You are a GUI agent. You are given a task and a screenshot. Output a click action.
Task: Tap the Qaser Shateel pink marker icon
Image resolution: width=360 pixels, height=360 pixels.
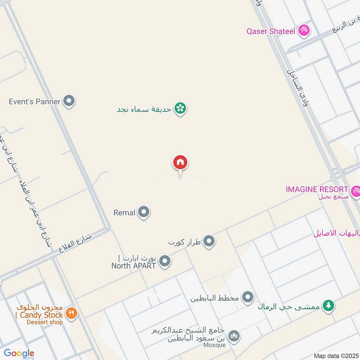(x=304, y=31)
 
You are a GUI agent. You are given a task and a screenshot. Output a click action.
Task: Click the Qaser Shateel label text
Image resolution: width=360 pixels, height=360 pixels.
(x=271, y=31)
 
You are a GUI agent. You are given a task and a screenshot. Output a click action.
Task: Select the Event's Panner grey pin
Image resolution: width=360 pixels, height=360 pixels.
(x=69, y=101)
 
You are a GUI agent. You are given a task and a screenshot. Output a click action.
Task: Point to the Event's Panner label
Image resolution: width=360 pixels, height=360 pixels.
(x=34, y=102)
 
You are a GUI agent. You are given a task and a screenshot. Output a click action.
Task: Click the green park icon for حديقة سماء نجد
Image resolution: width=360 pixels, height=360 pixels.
(x=180, y=108)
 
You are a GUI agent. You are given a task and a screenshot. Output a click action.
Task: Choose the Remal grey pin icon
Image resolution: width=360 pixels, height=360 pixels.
(x=144, y=212)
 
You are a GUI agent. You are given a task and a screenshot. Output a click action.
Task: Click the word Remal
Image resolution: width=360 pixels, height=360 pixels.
(x=125, y=212)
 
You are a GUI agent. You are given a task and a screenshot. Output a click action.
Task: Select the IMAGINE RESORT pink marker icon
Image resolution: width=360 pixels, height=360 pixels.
(x=356, y=191)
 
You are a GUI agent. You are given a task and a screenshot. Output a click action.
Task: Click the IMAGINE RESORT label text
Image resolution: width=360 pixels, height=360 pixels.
(x=317, y=189)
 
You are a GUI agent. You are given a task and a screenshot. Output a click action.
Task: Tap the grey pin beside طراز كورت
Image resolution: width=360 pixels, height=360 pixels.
(x=209, y=242)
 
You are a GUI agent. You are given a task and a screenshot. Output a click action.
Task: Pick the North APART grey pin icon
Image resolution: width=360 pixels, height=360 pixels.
(x=165, y=261)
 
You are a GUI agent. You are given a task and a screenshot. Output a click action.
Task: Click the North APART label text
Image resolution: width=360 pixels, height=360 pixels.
(x=134, y=265)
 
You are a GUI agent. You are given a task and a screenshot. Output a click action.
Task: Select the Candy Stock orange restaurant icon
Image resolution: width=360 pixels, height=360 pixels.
(x=71, y=312)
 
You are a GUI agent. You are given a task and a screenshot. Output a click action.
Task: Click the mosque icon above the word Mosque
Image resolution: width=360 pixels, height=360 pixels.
(x=234, y=336)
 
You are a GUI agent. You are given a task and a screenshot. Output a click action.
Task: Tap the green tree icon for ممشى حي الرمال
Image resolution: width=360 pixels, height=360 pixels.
(x=329, y=306)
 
